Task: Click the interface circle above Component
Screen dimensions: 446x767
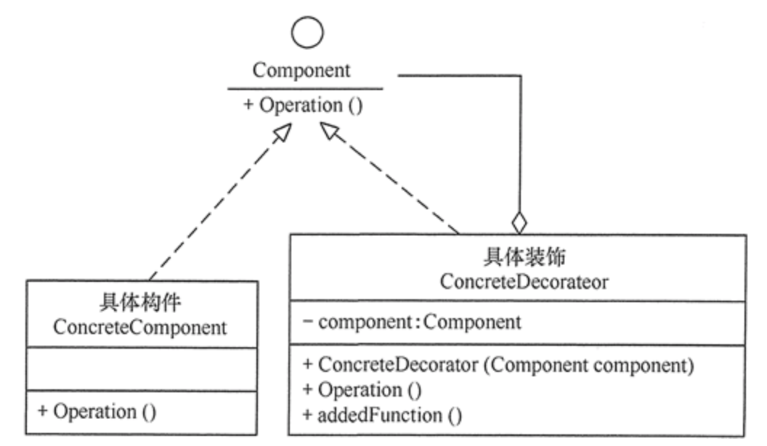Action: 306,31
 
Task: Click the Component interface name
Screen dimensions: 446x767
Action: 301,70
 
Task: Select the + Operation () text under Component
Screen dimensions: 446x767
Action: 302,105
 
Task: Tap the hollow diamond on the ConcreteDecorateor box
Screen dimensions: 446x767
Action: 519,220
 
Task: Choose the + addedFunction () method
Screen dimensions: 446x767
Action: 382,415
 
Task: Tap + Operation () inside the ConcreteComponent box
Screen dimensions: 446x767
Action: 97,411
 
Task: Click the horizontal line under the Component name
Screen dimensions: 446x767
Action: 305,89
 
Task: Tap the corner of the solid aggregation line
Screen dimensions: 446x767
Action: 521,76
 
